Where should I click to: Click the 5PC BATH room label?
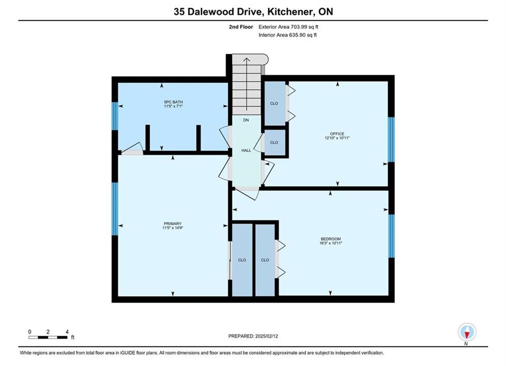coord(173,102)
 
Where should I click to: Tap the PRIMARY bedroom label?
coord(172,224)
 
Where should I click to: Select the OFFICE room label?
coord(337,134)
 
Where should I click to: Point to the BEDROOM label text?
coord(331,239)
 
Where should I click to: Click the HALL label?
coord(246,150)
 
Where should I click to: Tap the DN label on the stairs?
coord(246,120)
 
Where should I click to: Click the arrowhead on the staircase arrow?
coord(247,59)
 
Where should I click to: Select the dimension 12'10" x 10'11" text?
coord(337,138)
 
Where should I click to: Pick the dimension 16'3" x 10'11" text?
coord(331,243)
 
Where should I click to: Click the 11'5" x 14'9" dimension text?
coord(172,228)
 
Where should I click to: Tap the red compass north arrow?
coord(467,334)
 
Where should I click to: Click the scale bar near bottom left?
coord(48,338)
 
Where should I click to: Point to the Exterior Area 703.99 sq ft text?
coord(288,27)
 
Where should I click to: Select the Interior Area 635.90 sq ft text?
coord(287,35)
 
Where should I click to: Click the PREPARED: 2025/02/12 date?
coord(253,336)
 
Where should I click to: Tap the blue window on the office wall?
coord(391,140)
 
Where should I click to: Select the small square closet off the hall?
coord(274,142)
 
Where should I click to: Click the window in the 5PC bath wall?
coord(115,116)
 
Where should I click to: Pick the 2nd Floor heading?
coord(241,27)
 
